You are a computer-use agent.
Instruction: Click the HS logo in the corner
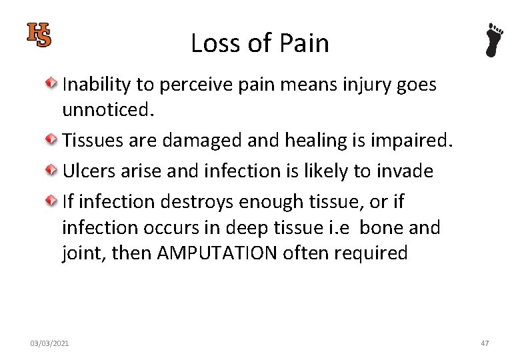tap(39, 35)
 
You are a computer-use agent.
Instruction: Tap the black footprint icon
tap(494, 40)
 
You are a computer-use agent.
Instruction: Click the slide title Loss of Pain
tap(259, 43)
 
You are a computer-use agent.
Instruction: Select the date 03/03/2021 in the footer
tap(49, 343)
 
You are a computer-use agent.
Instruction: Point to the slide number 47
tap(485, 343)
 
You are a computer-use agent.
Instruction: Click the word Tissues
tap(93, 141)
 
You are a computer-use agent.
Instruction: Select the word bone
tap(383, 228)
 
